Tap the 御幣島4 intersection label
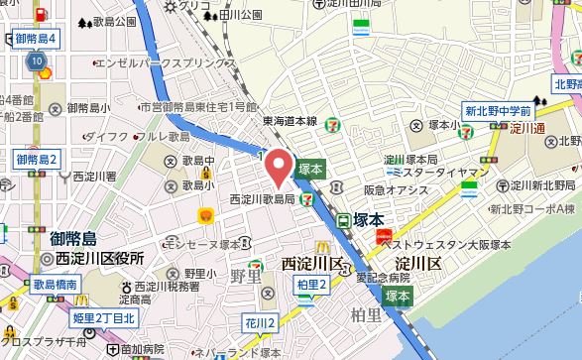[x=38, y=40]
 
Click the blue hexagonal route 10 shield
[x=37, y=61]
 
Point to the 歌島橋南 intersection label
[x=55, y=284]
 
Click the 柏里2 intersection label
[x=311, y=286]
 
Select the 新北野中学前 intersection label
[x=499, y=111]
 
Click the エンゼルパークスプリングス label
[x=165, y=60]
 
